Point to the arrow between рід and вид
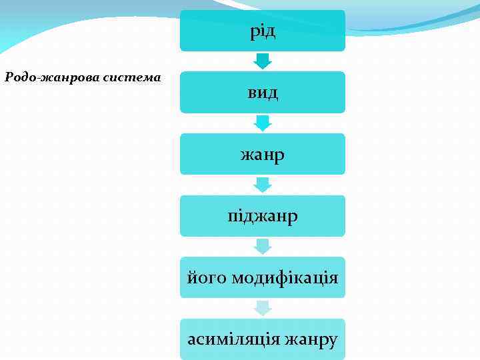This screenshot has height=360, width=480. pos(263,61)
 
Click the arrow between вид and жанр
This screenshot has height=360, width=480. pos(263,123)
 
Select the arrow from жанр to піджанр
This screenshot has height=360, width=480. pos(263,185)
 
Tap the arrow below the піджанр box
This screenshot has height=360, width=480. pos(263,247)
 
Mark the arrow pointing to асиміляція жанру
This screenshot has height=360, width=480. pos(263,308)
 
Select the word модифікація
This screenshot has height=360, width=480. pos(285,277)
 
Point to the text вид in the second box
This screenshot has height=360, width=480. pos(263,93)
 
